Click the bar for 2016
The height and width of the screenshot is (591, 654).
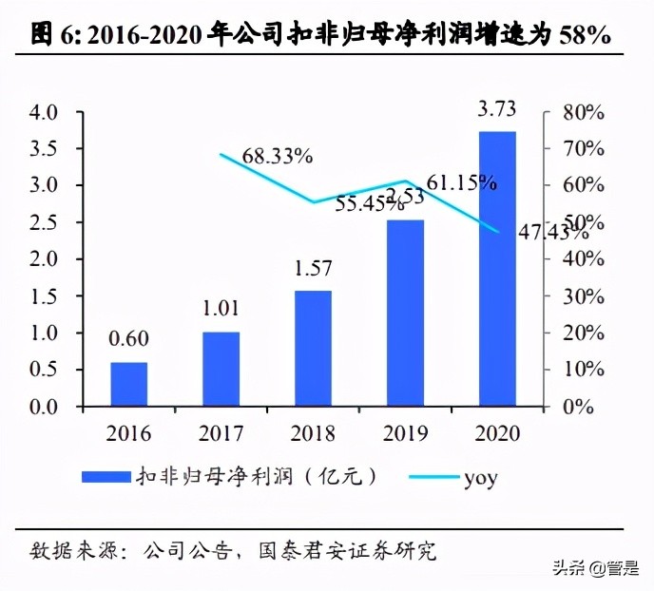pos(129,384)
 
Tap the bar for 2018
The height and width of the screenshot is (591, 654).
pos(314,348)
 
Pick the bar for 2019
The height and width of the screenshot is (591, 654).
pos(406,313)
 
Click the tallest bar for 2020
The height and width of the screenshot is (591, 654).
pos(497,269)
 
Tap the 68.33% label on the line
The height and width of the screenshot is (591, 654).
pos(278,155)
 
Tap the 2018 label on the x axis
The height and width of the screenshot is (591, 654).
pos(314,434)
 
